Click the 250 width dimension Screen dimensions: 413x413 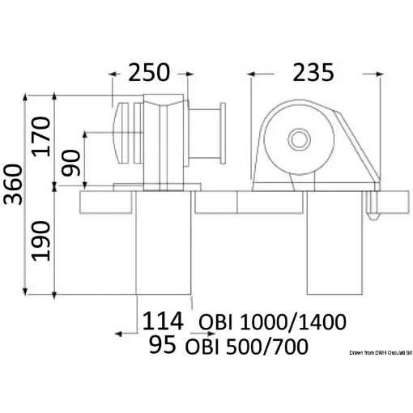click(150, 73)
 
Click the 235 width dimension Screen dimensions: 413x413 click(314, 73)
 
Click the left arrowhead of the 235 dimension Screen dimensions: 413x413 click(253, 75)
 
